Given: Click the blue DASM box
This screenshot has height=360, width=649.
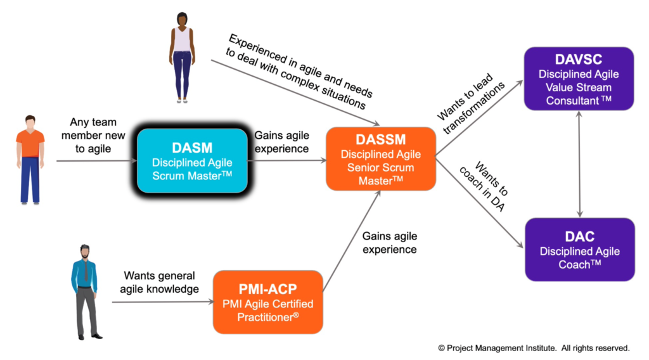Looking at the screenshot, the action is (192, 160).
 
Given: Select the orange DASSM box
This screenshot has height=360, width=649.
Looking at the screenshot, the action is (381, 159).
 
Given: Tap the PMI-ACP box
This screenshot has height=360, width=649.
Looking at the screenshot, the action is (268, 302).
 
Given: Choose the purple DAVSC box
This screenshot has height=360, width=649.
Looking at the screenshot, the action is (579, 79).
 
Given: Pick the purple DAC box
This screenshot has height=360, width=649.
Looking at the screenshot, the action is (579, 250).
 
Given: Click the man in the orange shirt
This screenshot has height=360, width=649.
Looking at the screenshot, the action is (30, 160).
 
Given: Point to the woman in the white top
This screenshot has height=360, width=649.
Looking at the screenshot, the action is (182, 57).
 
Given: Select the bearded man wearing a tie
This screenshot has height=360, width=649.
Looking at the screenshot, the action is (86, 292).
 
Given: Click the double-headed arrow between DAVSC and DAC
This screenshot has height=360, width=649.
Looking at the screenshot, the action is (579, 164).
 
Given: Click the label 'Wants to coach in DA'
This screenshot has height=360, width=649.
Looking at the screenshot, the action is (484, 186).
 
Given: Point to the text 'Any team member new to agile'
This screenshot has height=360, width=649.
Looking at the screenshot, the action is (93, 135).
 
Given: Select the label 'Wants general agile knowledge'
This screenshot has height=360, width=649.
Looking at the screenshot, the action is (159, 282).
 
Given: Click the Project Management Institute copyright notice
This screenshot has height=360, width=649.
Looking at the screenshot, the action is (534, 349).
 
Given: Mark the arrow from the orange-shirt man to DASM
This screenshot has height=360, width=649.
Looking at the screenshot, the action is (97, 160).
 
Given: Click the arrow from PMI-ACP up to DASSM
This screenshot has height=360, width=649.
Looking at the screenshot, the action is (351, 241).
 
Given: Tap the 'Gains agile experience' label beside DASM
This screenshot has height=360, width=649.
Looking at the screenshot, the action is (281, 142).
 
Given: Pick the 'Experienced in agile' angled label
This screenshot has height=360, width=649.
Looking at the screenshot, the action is (299, 71).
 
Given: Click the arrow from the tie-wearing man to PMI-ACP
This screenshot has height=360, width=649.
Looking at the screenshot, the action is (163, 302).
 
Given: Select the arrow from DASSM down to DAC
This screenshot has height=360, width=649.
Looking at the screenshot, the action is (480, 203).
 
